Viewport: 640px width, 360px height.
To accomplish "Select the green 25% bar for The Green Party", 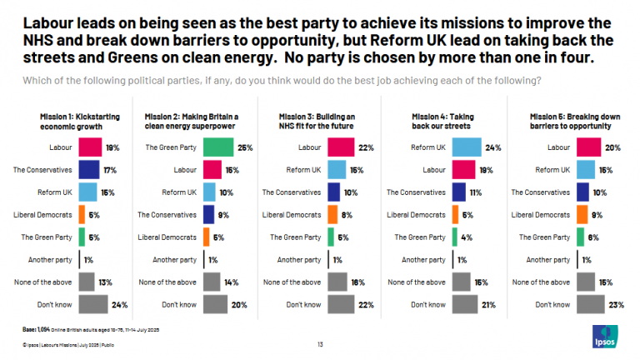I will (217, 147).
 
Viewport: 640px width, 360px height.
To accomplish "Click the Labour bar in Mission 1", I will (90, 147).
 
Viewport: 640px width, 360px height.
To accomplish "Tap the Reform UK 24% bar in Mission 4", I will (467, 147).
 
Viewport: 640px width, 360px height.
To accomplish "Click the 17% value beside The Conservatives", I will (109, 170).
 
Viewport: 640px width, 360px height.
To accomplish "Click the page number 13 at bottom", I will (320, 343).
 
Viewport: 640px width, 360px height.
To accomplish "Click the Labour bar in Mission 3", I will (342, 147).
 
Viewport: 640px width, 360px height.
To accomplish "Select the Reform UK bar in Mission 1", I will (87, 192).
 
